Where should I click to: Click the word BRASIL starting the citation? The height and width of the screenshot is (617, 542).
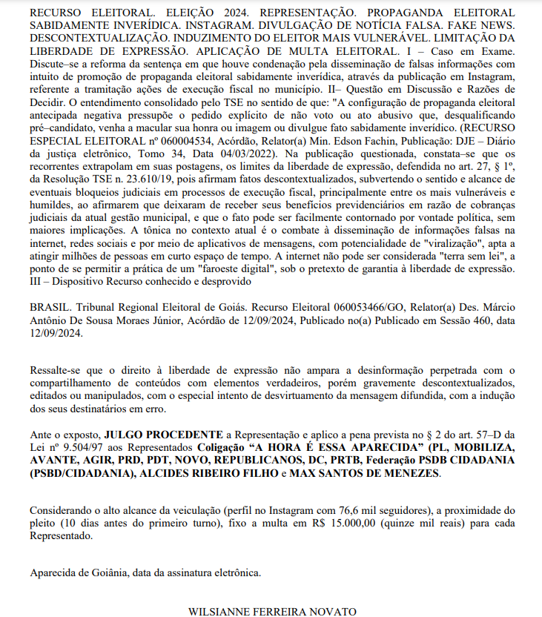[50, 306]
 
